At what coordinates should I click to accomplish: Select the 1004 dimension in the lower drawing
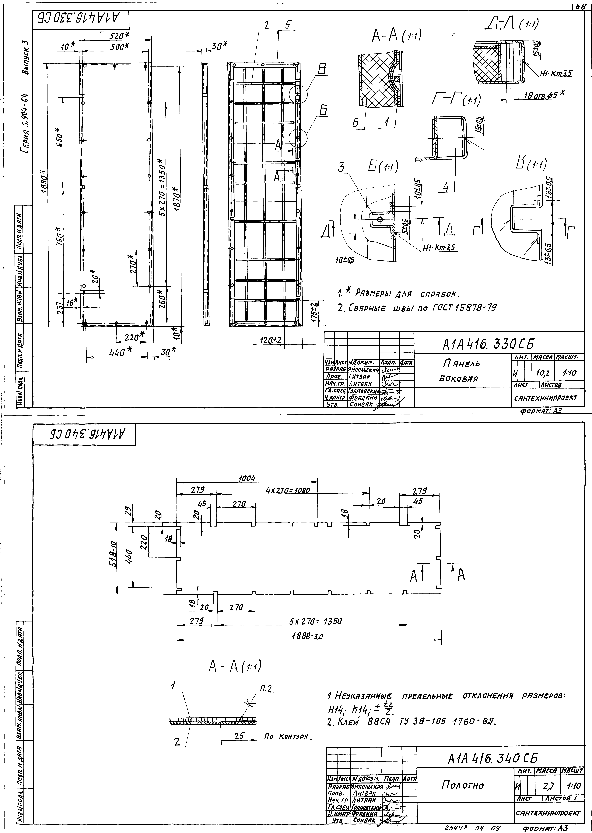coord(247,478)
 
